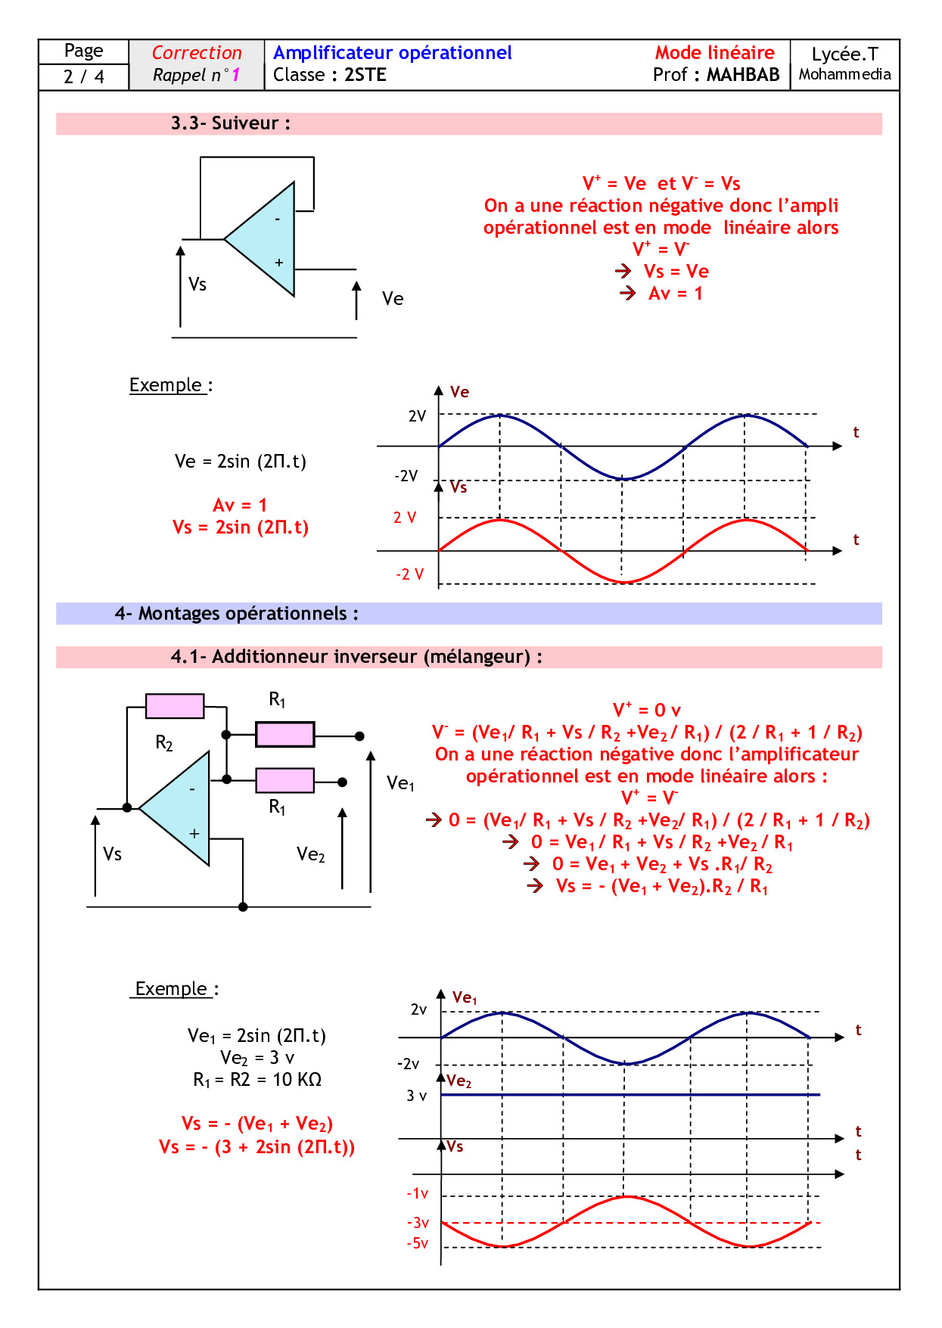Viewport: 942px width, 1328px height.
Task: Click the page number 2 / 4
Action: coord(84,76)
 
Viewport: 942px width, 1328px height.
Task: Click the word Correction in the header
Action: coord(197,53)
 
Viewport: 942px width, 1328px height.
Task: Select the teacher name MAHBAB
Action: coord(742,75)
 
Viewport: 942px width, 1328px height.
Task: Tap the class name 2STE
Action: coord(365,75)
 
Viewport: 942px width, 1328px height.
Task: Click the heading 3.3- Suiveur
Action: coord(230,123)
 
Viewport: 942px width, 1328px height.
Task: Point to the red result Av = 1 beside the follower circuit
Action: coord(675,294)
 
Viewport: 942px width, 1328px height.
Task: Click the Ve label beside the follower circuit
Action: coord(393,299)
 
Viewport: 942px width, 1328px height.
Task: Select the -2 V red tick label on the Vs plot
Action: coord(409,574)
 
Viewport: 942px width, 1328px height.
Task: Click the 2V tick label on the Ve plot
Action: coord(417,416)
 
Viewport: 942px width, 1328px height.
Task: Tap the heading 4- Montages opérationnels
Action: coord(236,614)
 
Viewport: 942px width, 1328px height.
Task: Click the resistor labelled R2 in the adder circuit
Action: coord(175,706)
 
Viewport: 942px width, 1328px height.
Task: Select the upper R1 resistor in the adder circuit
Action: coord(285,735)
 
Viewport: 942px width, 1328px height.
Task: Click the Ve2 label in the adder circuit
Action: coord(310,855)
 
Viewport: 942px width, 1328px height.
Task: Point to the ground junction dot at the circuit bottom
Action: coord(243,907)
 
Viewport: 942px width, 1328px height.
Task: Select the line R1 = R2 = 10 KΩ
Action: coord(257,1080)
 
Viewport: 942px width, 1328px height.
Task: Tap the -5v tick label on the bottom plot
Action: coord(418,1243)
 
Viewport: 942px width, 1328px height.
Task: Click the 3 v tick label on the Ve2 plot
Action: coord(417,1096)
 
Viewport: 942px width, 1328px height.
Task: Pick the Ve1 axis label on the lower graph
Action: coord(465,998)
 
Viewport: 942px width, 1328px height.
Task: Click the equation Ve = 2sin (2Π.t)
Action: coord(241,462)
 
